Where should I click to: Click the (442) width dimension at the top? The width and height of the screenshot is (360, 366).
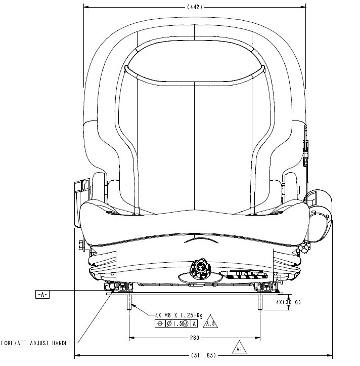point(195,7)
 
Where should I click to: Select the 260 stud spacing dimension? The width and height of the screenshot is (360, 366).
point(195,338)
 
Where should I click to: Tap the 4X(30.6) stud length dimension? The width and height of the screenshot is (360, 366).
point(289,302)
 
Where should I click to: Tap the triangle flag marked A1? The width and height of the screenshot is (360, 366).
point(239,349)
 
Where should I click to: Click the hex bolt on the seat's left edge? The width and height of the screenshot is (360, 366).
point(81,247)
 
